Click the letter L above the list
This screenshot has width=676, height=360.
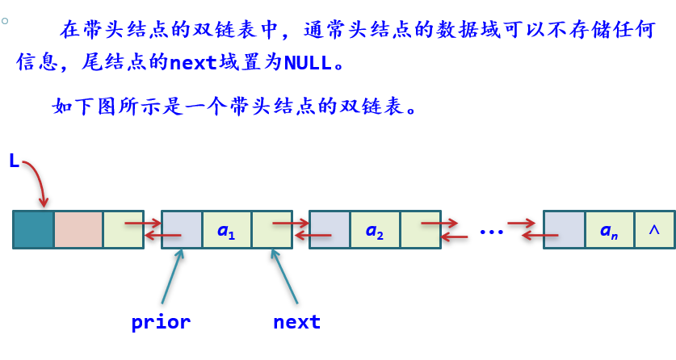pyautogui.click(x=14, y=161)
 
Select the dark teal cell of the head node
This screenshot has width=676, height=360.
pyautogui.click(x=33, y=229)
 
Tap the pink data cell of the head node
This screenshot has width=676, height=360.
pyautogui.click(x=78, y=229)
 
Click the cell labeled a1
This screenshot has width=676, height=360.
pyautogui.click(x=226, y=230)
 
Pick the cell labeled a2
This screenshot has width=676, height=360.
pyautogui.click(x=374, y=230)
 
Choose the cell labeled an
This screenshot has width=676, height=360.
pyautogui.click(x=609, y=230)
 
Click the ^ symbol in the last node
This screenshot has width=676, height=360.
pyautogui.click(x=654, y=230)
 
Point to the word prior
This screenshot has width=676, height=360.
pyautogui.click(x=161, y=322)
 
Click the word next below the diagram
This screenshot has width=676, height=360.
pyautogui.click(x=296, y=322)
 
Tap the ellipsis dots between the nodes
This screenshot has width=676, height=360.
pyautogui.click(x=491, y=231)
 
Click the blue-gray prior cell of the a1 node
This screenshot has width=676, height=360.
pyautogui.click(x=182, y=230)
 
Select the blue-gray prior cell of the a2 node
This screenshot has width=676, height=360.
pyautogui.click(x=330, y=230)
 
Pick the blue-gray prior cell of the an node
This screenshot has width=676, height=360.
pyautogui.click(x=564, y=230)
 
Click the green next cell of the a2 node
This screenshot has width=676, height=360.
pyautogui.click(x=420, y=230)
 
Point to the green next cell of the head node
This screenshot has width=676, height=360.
pyautogui.click(x=123, y=230)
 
